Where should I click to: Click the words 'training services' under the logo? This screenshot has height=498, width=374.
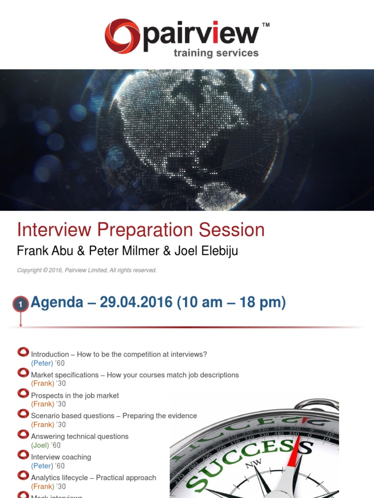click(216, 53)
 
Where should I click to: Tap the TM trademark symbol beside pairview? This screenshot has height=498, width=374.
click(266, 24)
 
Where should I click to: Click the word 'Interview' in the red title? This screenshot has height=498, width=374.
click(54, 230)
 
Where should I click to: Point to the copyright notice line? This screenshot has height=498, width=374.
click(87, 270)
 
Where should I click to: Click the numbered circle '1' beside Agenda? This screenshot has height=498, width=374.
click(20, 304)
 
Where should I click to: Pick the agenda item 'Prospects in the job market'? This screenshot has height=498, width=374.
click(75, 396)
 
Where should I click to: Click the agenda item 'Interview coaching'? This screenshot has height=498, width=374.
click(61, 457)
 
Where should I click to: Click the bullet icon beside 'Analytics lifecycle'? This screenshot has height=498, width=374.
click(23, 475)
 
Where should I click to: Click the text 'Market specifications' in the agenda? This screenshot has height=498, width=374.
click(65, 375)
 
